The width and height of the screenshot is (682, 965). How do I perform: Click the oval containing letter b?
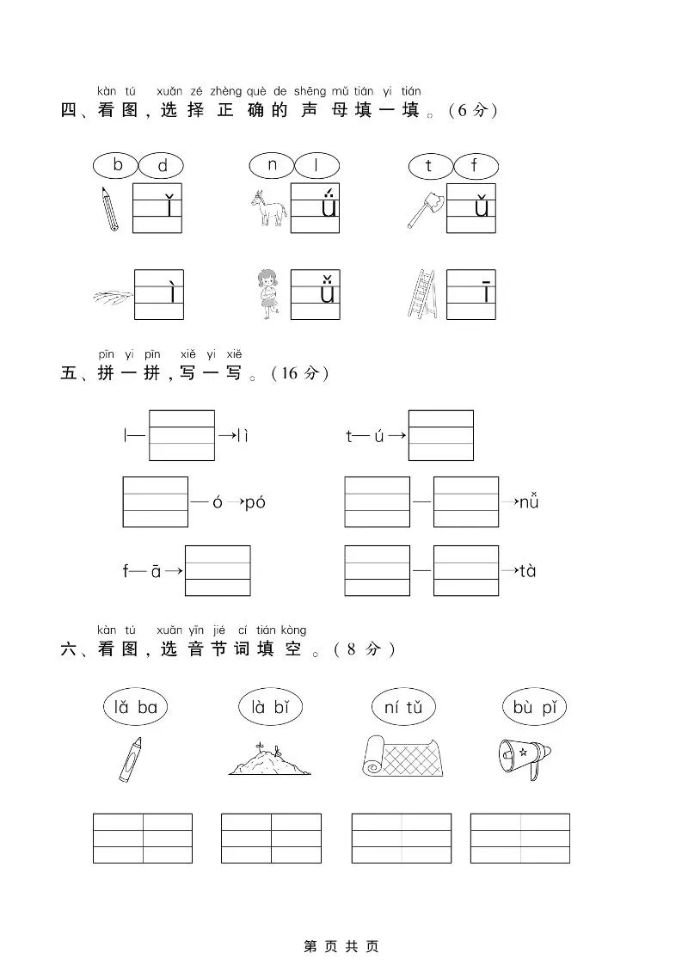pos(118,164)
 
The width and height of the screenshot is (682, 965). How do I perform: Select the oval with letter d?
pos(162,166)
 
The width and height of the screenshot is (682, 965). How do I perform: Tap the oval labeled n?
pos(273,164)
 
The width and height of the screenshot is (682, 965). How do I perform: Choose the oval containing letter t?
pos(429,165)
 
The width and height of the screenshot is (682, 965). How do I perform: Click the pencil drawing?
pos(109,208)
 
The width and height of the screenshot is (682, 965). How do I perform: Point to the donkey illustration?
pos(267,208)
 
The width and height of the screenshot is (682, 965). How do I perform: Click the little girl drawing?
pos(268,294)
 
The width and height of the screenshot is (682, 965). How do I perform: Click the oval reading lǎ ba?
pos(135,707)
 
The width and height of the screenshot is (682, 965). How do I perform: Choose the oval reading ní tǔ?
pos(403,707)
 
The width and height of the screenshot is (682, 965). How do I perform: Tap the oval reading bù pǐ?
pos(535,707)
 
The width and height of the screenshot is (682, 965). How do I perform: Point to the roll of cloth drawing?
pos(402,756)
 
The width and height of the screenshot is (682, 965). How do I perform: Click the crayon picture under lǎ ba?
pos(130,759)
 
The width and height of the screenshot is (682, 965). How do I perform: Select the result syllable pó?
pos(255,502)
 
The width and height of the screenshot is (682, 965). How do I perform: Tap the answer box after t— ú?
pos(440,435)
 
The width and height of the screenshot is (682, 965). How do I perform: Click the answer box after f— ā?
pos(218,570)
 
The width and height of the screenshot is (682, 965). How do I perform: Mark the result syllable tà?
pos(528,570)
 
